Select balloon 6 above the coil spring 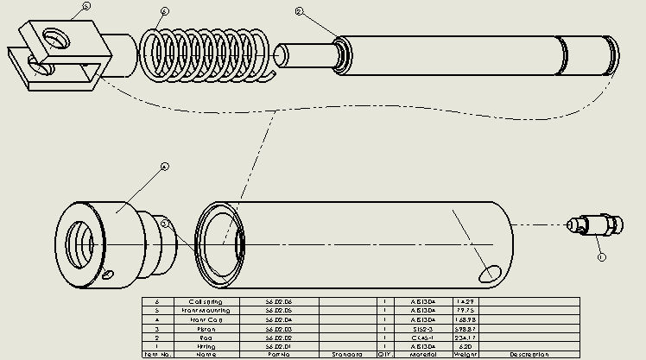pyautogui.click(x=165, y=11)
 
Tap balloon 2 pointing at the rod pyautogui.click(x=300, y=11)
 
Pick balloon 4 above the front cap pyautogui.click(x=165, y=166)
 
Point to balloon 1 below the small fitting pyautogui.click(x=601, y=256)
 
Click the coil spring pyautogui.click(x=207, y=56)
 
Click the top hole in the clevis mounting pyautogui.click(x=59, y=40)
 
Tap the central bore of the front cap pyautogui.click(x=85, y=239)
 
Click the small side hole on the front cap pyautogui.click(x=108, y=275)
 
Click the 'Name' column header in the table pyautogui.click(x=206, y=354)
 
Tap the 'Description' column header pyautogui.click(x=529, y=354)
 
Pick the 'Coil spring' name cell pyautogui.click(x=206, y=302)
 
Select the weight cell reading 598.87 pyautogui.click(x=467, y=328)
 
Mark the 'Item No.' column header pyautogui.click(x=157, y=354)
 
